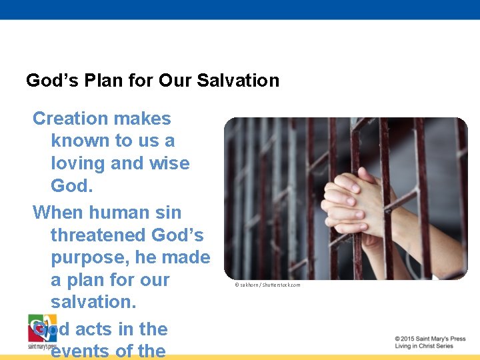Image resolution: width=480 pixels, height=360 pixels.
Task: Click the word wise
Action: click(169, 163)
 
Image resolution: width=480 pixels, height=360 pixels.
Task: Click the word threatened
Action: click(99, 235)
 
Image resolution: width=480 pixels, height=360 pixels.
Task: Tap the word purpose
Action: click(87, 258)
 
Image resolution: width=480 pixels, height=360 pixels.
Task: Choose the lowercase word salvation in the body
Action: click(93, 302)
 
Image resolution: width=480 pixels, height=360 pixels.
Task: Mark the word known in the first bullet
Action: click(80, 141)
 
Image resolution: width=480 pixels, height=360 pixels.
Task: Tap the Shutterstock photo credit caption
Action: click(267, 285)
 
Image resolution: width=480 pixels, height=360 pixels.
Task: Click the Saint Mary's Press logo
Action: click(42, 331)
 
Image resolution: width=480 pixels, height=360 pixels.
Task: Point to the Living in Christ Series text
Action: click(424, 346)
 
